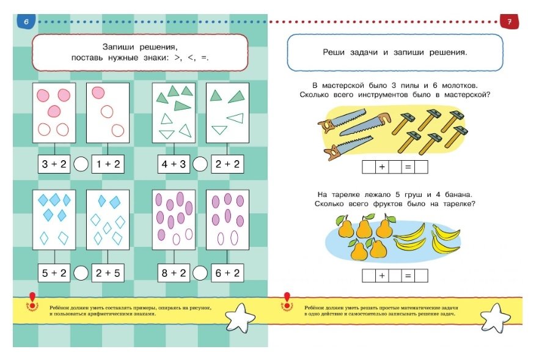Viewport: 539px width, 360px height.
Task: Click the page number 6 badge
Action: pos(26,21)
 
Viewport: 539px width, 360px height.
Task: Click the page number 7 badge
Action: pos(509,21)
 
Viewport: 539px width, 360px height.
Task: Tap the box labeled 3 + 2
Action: pos(54,164)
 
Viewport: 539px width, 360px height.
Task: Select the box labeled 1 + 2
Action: pos(108,164)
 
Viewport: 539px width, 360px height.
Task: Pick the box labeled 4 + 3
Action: pos(174,164)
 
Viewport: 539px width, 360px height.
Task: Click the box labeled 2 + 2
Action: pos(227,164)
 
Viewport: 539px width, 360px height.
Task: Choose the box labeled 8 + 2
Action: pos(174,273)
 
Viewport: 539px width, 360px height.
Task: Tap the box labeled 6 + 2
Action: pos(227,273)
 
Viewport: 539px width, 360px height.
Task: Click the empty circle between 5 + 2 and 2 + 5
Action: pos(81,273)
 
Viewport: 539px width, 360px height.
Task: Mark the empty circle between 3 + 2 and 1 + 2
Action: pos(81,164)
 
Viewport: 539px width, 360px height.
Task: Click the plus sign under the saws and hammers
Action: pos(382,167)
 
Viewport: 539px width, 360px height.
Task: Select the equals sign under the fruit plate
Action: pos(408,276)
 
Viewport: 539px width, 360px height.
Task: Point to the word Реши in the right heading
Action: pos(334,53)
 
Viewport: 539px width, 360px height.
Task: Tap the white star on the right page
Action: pos(495,318)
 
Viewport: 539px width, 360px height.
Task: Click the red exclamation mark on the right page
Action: pos(287,300)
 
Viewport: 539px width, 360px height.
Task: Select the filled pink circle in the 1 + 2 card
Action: pos(98,92)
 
